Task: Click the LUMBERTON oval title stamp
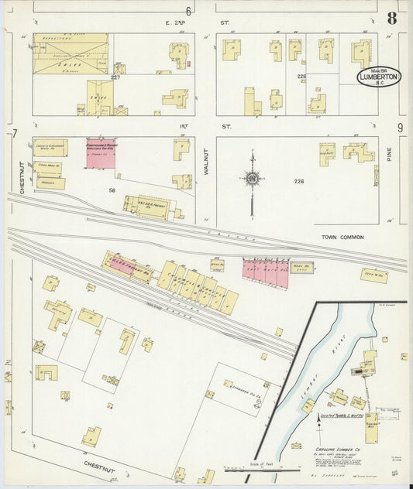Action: tap(379, 77)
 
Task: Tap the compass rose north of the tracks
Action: tap(252, 179)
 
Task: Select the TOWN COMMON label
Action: tap(342, 237)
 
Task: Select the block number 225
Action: tap(301, 77)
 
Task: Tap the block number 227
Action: tap(115, 77)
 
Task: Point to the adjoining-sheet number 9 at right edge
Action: tap(401, 128)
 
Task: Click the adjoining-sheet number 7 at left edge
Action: tap(14, 134)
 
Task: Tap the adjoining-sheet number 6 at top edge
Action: tap(188, 10)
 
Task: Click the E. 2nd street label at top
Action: tap(182, 23)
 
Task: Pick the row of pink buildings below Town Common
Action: tap(265, 271)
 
